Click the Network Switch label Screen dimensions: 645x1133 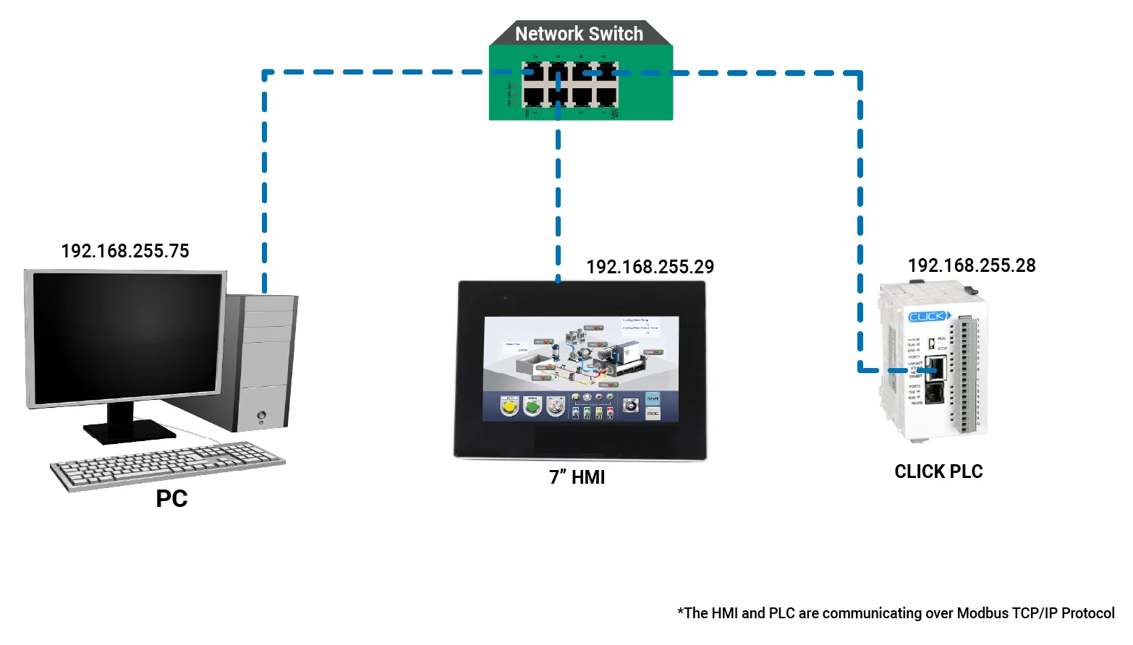pyautogui.click(x=579, y=34)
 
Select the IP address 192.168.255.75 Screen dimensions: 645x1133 pyautogui.click(x=125, y=251)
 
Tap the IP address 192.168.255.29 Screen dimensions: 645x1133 pyautogui.click(x=650, y=267)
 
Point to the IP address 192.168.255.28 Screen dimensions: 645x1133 pyautogui.click(x=972, y=265)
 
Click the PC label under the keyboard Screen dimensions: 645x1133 pyautogui.click(x=171, y=499)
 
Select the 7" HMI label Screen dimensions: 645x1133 pyautogui.click(x=577, y=477)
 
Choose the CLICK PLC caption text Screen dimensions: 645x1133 pyautogui.click(x=938, y=471)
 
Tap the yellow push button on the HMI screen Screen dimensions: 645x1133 pyautogui.click(x=509, y=408)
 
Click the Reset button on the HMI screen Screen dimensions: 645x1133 pyautogui.click(x=653, y=399)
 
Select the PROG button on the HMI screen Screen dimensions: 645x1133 pyautogui.click(x=653, y=414)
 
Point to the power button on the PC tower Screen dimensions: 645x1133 pyautogui.click(x=261, y=415)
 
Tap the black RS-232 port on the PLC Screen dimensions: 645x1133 pyautogui.click(x=935, y=393)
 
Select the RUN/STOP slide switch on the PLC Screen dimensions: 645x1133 pyautogui.click(x=931, y=343)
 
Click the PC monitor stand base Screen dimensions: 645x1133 pyautogui.click(x=128, y=432)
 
